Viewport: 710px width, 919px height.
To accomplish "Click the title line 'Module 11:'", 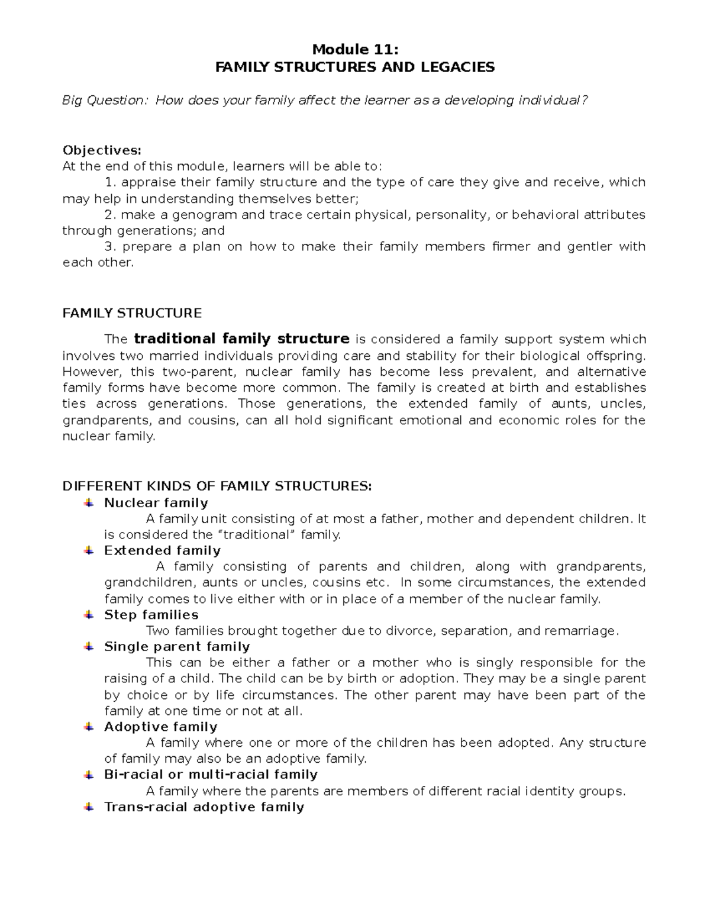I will click(354, 50).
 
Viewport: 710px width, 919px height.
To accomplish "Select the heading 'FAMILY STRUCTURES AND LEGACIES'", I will click(354, 67).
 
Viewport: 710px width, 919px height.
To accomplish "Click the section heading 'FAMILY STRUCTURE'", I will click(132, 313).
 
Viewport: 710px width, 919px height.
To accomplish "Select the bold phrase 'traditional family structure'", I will click(241, 339).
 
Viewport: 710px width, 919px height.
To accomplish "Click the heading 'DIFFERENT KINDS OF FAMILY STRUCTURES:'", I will click(217, 486).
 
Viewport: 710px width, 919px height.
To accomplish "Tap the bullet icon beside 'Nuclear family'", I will click(88, 503).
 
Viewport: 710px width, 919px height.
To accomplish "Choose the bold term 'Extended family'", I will click(162, 550).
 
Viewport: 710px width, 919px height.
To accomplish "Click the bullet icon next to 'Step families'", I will click(88, 615).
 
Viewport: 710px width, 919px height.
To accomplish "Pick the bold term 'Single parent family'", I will click(177, 646).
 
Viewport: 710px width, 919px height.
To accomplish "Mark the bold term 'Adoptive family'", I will click(160, 727).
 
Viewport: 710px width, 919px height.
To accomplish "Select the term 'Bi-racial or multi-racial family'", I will click(211, 775).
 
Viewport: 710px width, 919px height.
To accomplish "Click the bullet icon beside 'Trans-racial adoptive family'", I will click(88, 807).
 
